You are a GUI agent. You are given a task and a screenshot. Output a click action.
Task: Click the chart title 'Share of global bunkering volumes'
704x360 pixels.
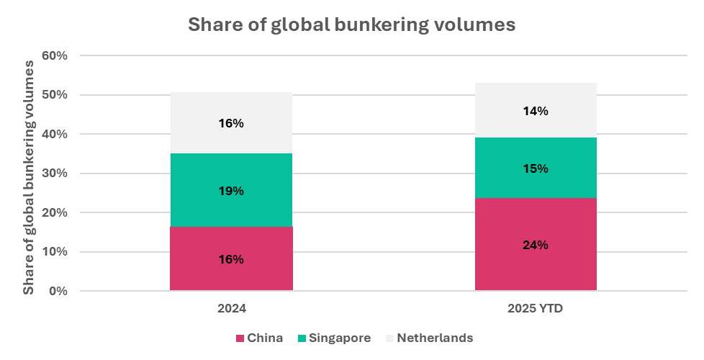coord(351,24)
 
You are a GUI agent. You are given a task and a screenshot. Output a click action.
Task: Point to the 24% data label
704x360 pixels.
coord(536,245)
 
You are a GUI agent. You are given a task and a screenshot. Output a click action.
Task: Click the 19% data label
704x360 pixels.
coord(231,191)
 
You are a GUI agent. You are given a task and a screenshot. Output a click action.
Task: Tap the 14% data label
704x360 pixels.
coord(536,111)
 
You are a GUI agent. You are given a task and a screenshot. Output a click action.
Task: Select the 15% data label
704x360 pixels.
coord(536,168)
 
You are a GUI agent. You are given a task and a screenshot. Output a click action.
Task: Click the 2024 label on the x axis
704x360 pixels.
coord(231,308)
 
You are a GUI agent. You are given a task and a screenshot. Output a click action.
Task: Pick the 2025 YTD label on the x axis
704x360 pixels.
coord(536,308)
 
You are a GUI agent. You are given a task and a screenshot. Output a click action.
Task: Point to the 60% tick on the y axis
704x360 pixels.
coord(56,55)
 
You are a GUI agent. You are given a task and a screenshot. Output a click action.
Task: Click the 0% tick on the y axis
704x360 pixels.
coord(59,291)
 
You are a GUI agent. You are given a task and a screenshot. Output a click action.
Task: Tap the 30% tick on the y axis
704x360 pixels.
coord(56,174)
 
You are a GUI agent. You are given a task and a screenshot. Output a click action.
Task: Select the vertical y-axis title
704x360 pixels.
coord(29,176)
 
